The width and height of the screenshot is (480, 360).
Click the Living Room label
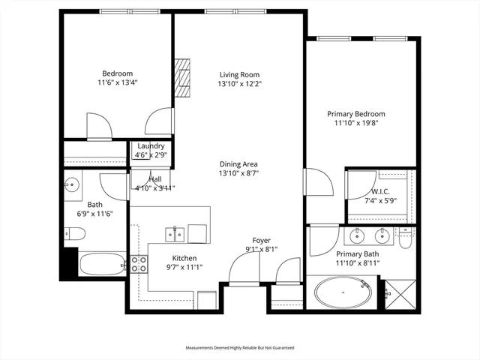pos(240,74)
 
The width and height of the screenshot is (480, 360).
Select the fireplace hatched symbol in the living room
pos(183,78)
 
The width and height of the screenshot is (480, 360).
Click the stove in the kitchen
pos(139,263)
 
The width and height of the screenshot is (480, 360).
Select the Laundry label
pos(150,146)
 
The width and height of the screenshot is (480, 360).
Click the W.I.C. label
pos(376,191)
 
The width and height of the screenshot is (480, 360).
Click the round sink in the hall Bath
pos(73,184)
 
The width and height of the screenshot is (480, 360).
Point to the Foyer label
pos(261,241)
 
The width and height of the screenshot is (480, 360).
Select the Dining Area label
pos(239,164)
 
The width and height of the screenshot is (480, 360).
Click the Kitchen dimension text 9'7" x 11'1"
pos(184,267)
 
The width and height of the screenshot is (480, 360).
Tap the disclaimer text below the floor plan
pos(240,348)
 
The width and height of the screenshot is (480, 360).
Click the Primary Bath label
pos(358,254)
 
